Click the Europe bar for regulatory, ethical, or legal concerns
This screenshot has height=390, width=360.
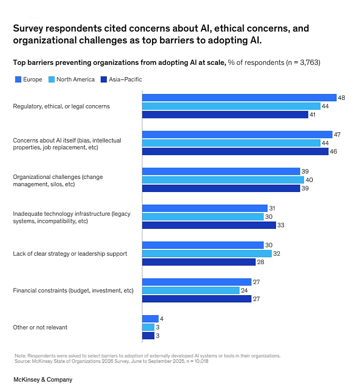click(239, 98)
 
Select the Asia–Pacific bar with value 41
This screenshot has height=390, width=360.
click(225, 114)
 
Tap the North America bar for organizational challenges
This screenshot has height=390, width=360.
click(223, 180)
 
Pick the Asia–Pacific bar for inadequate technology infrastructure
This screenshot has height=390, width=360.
click(209, 225)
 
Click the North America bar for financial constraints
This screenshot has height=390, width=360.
click(191, 290)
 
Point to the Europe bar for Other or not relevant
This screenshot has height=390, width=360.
click(150, 319)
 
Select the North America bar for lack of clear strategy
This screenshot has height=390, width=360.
click(207, 254)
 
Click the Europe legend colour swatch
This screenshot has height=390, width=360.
click(18, 79)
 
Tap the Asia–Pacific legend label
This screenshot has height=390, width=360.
click(125, 79)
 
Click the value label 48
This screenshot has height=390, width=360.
click(341, 98)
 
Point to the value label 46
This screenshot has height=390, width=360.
click(333, 152)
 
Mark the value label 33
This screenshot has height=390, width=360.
click(280, 225)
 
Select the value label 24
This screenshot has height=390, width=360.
click(244, 290)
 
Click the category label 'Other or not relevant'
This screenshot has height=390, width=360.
click(40, 327)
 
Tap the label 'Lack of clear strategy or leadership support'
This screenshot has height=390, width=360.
click(70, 254)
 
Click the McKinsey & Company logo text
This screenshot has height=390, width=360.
click(43, 379)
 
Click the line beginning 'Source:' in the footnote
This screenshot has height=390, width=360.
click(111, 361)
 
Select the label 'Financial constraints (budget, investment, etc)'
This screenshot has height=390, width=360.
click(73, 290)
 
